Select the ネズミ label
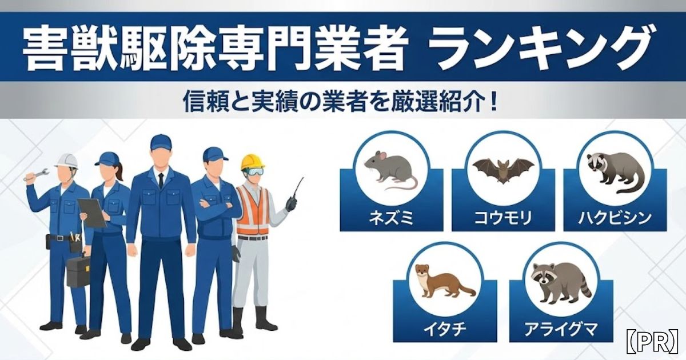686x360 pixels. [392, 218]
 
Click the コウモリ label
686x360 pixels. [503, 218]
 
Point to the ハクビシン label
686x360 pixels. [615, 218]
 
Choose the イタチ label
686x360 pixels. [445, 329]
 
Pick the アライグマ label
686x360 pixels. [561, 329]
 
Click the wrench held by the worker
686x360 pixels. [36, 175]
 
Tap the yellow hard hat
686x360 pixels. [252, 162]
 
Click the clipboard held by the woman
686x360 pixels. [92, 213]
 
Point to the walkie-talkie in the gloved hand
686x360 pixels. [294, 196]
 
